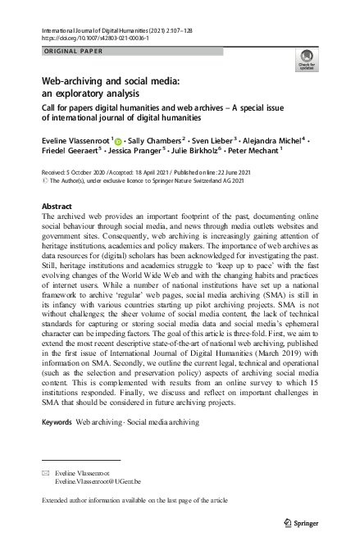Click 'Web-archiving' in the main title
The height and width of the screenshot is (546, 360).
(x=75, y=82)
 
